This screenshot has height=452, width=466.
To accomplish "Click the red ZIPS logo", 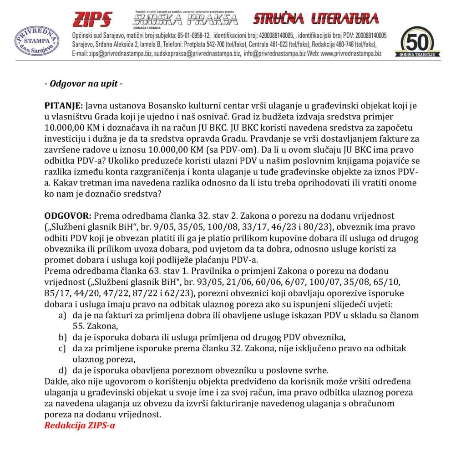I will (92, 20).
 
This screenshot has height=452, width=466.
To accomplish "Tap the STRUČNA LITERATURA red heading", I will (316, 18).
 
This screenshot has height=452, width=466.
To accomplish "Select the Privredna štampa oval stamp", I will (36, 41).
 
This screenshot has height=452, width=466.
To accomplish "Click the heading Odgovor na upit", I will (83, 84).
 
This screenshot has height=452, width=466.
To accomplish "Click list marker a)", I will (62, 315).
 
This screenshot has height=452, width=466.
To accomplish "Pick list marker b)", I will (62, 337).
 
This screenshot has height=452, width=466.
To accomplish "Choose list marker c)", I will (62, 348).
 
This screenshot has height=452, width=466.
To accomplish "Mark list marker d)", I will (62, 370).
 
